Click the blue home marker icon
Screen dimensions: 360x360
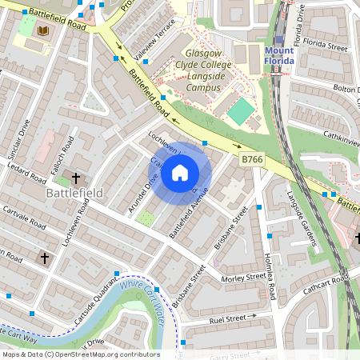180,172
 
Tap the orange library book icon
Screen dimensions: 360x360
43,31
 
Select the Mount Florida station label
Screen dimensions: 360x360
279,56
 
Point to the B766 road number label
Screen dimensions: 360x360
252,160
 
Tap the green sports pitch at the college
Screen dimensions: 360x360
239,111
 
